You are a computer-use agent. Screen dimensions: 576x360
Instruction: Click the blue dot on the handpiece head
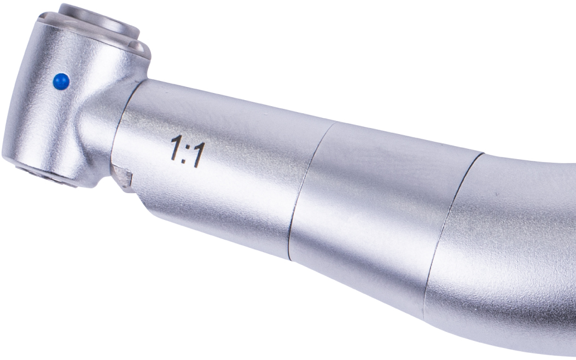click(61, 82)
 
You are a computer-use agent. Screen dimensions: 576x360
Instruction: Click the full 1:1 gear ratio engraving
click(188, 152)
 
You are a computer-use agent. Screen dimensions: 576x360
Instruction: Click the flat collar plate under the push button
click(92, 35)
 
